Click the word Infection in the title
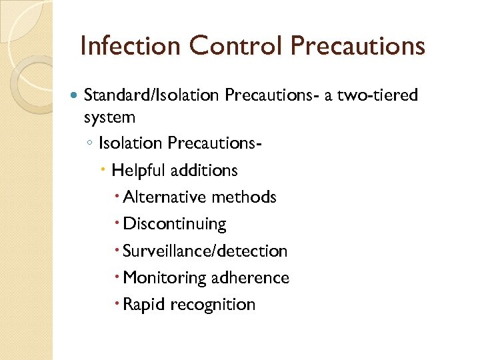coord(129,46)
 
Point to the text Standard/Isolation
coord(151,95)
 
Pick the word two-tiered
coord(379,95)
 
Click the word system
coord(109,117)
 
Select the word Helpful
coord(139,171)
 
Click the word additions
coord(204,171)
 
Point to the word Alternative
coord(165,197)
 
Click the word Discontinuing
coord(175,224)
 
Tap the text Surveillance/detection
coord(205,251)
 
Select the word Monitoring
coord(163,277)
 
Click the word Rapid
coord(144,304)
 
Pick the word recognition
coord(213,305)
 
